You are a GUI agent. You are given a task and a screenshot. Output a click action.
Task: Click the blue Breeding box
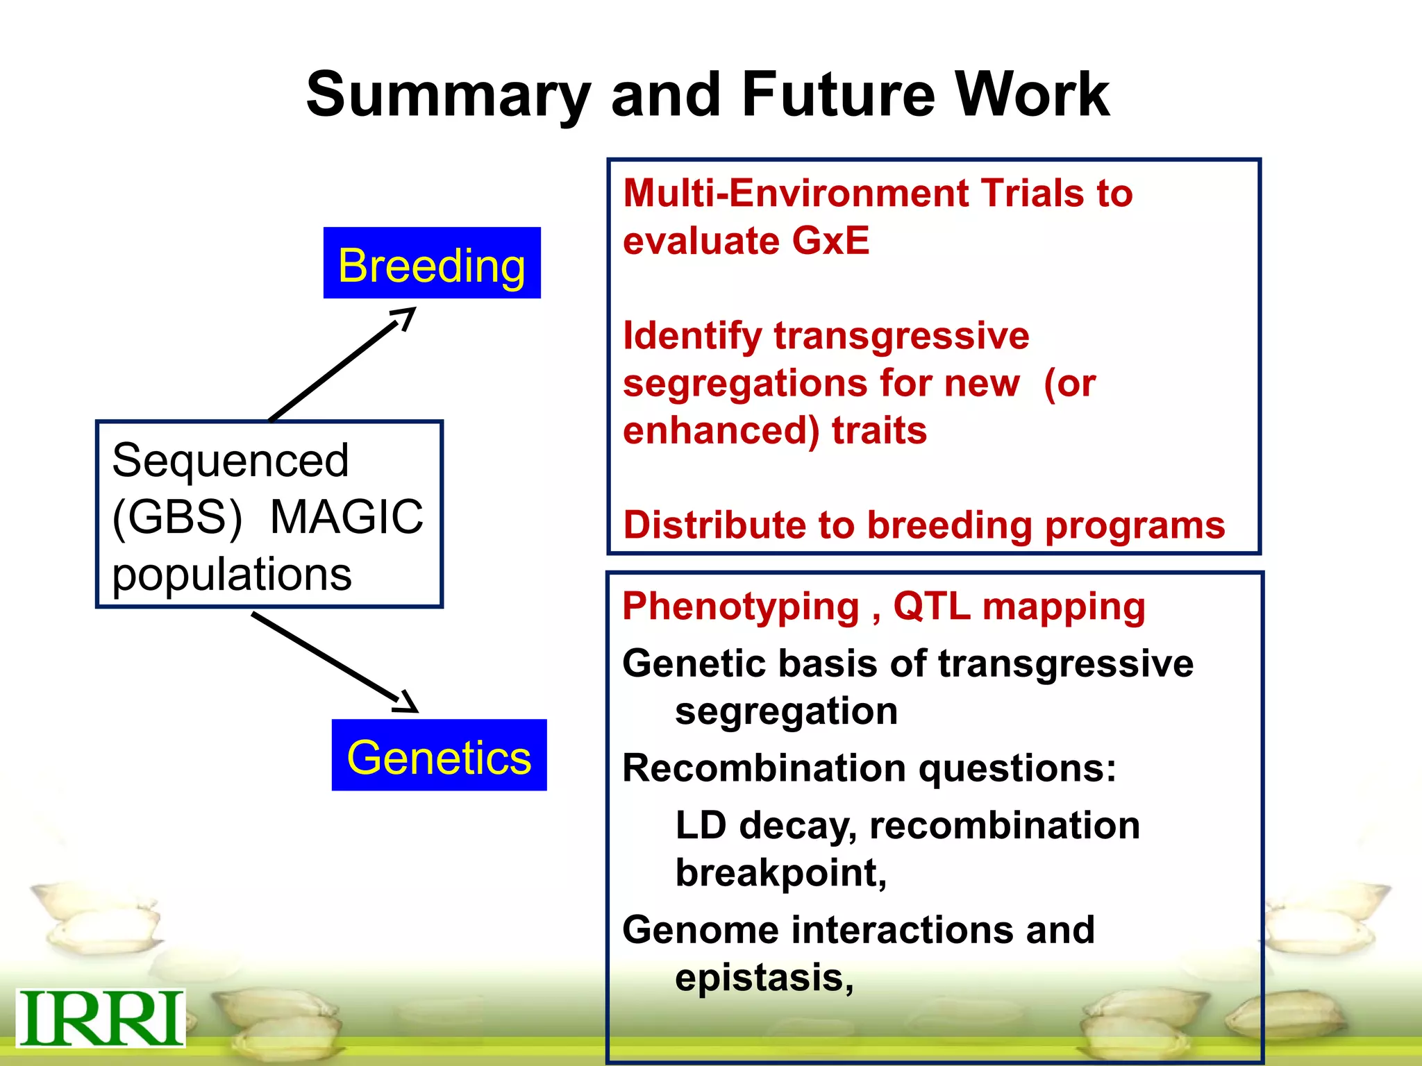coord(431,264)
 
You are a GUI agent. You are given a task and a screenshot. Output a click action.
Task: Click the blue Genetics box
coord(439,755)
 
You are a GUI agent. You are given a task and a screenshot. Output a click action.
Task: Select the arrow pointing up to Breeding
coord(342,364)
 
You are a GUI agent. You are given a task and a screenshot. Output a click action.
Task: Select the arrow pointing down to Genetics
coord(334,663)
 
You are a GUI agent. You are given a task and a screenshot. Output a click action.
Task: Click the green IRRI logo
coord(100,1018)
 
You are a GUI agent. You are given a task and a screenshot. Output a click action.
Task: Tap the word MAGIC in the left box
coord(346,517)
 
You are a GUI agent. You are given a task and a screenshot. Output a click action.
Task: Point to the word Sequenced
coord(230,460)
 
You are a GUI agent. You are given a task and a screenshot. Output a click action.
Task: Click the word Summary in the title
coord(449,96)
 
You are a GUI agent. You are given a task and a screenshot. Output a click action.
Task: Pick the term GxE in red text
coord(830,241)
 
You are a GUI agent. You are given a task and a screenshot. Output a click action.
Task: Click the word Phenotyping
coord(740,607)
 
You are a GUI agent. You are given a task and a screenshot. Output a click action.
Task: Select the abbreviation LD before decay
coord(701,825)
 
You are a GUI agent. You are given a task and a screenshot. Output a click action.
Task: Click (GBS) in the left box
coord(177,517)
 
